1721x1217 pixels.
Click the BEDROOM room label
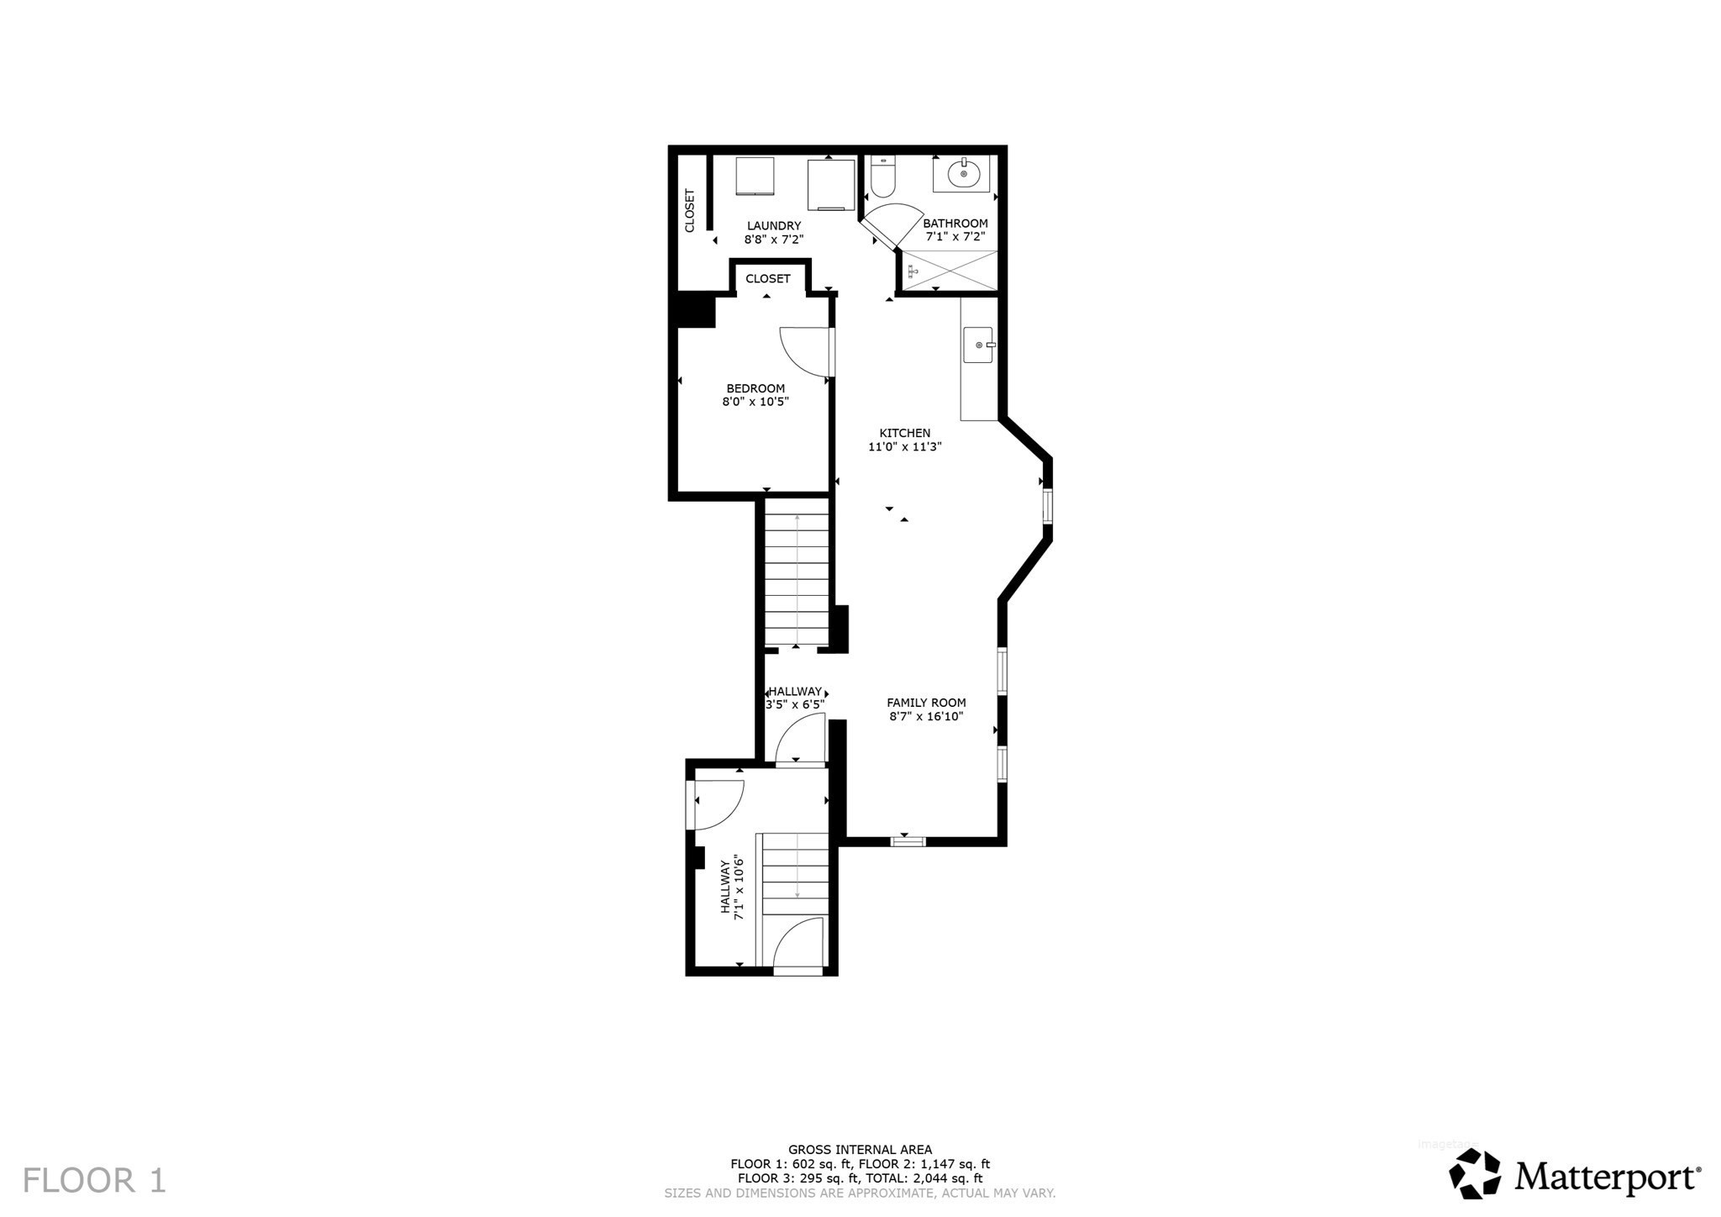pyautogui.click(x=755, y=388)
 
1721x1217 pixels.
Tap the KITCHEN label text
pyautogui.click(x=904, y=434)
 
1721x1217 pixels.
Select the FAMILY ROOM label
pyautogui.click(x=926, y=703)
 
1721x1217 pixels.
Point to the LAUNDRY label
pyautogui.click(x=774, y=225)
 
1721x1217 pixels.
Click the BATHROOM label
pyautogui.click(x=955, y=223)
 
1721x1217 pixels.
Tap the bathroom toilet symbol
pyautogui.click(x=883, y=176)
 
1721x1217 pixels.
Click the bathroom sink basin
pyautogui.click(x=963, y=174)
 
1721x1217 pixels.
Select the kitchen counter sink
pyautogui.click(x=978, y=345)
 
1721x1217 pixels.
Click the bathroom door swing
pyautogui.click(x=891, y=223)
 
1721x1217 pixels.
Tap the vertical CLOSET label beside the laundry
pyautogui.click(x=690, y=210)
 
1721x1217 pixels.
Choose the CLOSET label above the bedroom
pyautogui.click(x=768, y=279)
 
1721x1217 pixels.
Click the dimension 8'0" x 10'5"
pyautogui.click(x=755, y=402)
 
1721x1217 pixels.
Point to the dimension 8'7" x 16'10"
pyautogui.click(x=926, y=717)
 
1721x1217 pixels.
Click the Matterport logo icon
pyautogui.click(x=1475, y=1173)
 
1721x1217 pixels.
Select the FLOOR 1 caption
pyautogui.click(x=94, y=1180)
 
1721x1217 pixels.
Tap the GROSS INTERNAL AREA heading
pyautogui.click(x=860, y=1150)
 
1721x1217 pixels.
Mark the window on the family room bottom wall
pyautogui.click(x=908, y=840)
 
